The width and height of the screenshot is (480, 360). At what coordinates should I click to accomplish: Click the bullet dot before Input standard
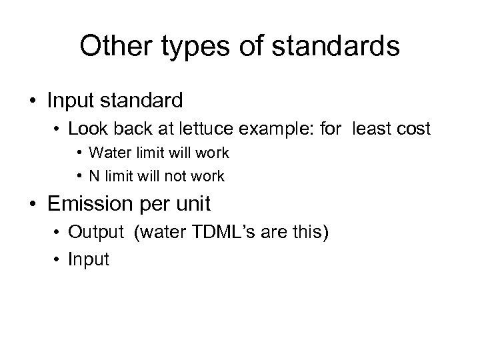pos(32,101)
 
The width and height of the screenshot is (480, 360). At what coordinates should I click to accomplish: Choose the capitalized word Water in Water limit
pos(106,153)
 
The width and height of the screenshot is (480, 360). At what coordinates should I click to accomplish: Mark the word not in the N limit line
pos(171,177)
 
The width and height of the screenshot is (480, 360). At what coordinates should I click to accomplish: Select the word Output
pos(95,233)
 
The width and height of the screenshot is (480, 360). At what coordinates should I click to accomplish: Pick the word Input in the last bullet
pos(88,259)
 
